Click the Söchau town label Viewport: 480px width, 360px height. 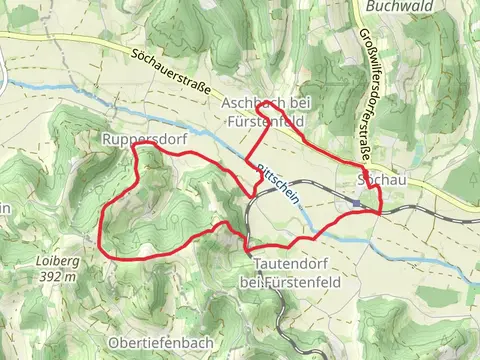(x=381, y=179)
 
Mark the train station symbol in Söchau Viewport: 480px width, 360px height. (x=355, y=202)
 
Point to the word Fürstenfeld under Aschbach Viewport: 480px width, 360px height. (x=266, y=121)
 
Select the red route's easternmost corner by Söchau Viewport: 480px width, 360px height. (x=381, y=209)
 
